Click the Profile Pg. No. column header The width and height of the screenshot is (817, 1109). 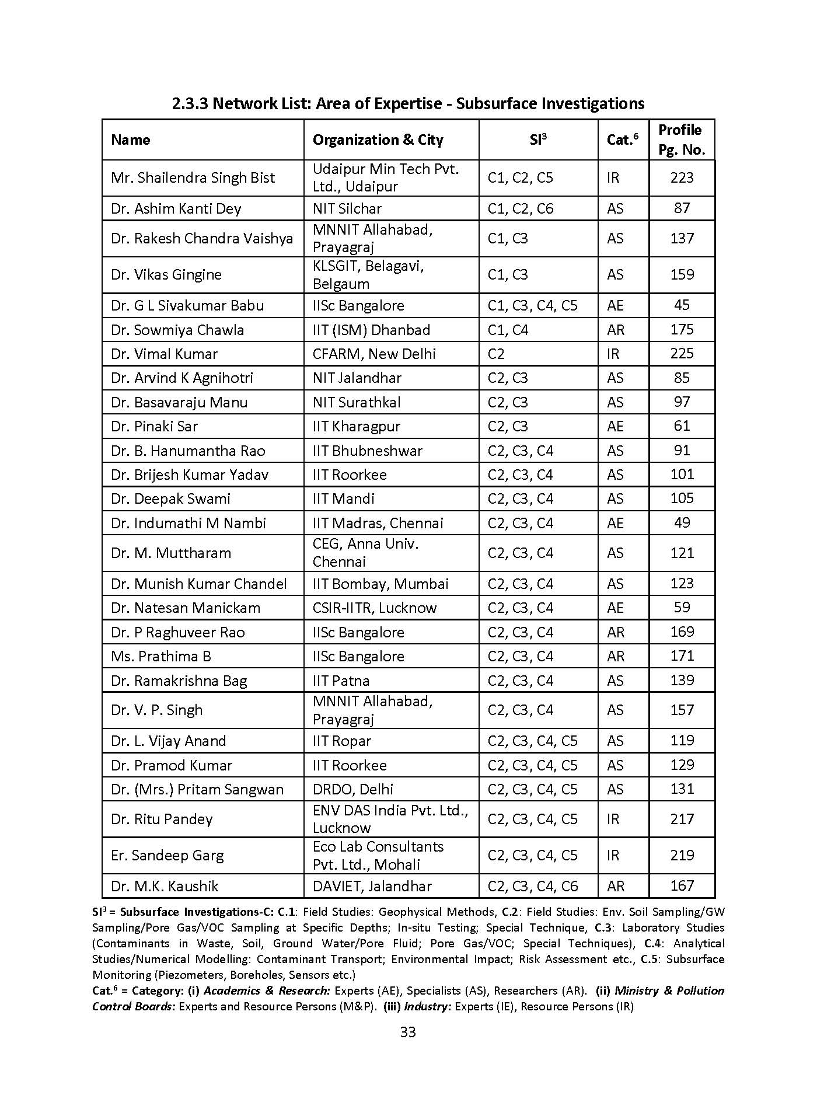(681, 140)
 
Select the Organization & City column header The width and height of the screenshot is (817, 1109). (378, 140)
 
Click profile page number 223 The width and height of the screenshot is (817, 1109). (682, 178)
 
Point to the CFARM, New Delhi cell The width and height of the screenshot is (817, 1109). (374, 354)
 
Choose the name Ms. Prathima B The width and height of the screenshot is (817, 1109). (161, 657)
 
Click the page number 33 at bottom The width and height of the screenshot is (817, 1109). (408, 1032)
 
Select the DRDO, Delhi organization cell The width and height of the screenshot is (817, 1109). (352, 790)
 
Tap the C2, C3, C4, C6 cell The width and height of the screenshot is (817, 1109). (532, 887)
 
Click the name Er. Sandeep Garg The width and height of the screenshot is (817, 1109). (167, 856)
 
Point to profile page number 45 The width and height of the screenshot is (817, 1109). (682, 305)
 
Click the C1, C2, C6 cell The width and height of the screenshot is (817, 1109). (521, 209)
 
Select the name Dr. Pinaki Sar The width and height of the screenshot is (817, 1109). (154, 427)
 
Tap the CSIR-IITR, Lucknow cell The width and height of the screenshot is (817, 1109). (374, 608)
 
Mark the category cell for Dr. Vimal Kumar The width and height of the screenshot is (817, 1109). (613, 354)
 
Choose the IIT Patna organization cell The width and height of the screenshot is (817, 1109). (341, 681)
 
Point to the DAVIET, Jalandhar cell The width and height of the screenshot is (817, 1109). (372, 887)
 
